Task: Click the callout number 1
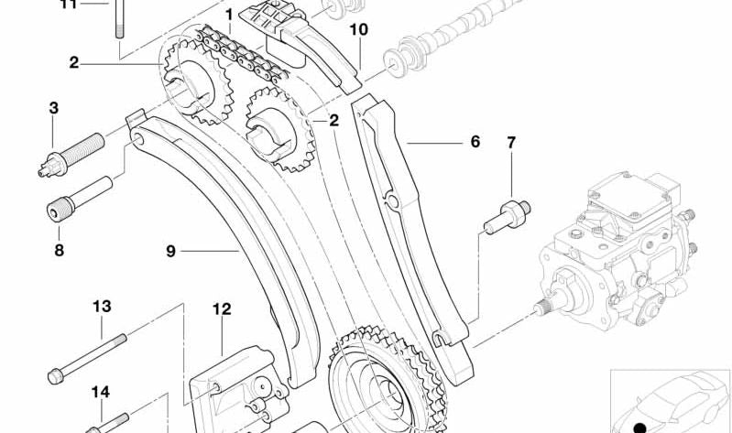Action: pyautogui.click(x=229, y=16)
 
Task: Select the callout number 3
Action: pyautogui.click(x=54, y=108)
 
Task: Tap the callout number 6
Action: pyautogui.click(x=475, y=141)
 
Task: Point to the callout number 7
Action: pyautogui.click(x=511, y=142)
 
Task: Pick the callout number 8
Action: pyautogui.click(x=59, y=250)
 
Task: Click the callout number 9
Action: pyautogui.click(x=171, y=251)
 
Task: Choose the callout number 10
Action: pyautogui.click(x=358, y=30)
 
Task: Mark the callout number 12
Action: pyautogui.click(x=222, y=309)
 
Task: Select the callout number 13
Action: pyautogui.click(x=102, y=307)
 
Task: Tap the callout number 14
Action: pyautogui.click(x=101, y=392)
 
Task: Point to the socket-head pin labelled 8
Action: pyautogui.click(x=80, y=200)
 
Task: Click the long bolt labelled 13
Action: pyautogui.click(x=87, y=359)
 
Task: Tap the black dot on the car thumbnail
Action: pyautogui.click(x=640, y=428)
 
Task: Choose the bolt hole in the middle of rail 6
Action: pyautogui.click(x=393, y=201)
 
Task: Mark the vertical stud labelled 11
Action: pyautogui.click(x=119, y=18)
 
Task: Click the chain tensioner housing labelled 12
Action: pyautogui.click(x=238, y=390)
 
